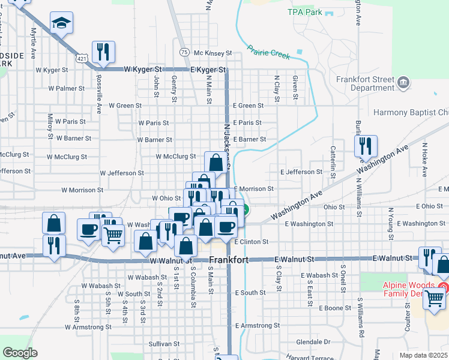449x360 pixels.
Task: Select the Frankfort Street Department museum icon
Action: [403, 81]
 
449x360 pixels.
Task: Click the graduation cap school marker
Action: [61, 24]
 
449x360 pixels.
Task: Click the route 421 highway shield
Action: [82, 56]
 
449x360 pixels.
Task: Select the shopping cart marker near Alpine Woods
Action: [435, 298]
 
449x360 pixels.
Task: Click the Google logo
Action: [20, 352]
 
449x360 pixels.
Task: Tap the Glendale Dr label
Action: [314, 341]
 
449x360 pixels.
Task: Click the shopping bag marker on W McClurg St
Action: [215, 161]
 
